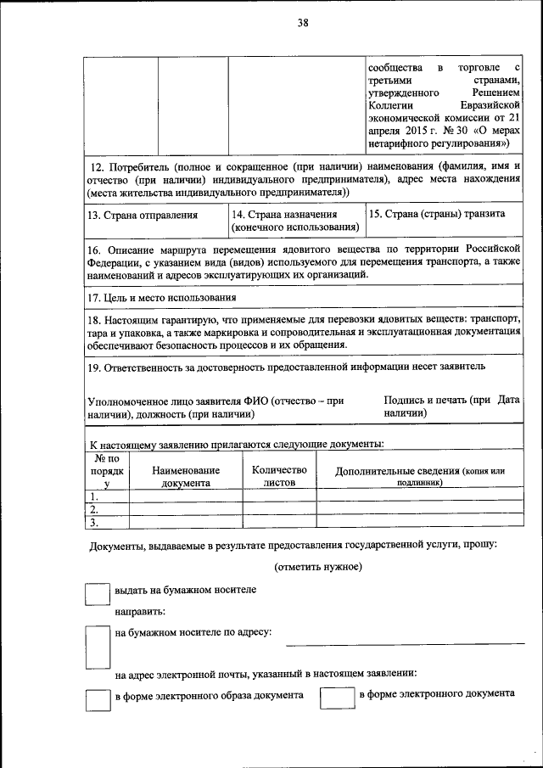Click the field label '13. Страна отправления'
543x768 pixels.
point(143,215)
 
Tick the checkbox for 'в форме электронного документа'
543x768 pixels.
point(336,698)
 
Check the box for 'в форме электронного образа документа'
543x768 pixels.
point(98,699)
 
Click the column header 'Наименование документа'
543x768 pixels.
point(186,476)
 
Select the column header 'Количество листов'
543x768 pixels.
point(279,475)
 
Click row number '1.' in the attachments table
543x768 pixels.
point(95,497)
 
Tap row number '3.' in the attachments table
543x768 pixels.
point(95,522)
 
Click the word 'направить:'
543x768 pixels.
point(140,610)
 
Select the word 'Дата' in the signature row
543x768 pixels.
point(508,399)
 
